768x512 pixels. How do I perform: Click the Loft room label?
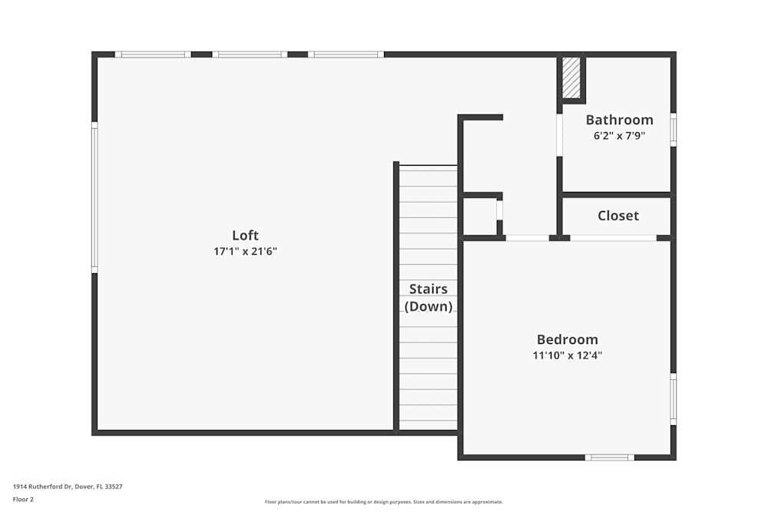tap(245, 236)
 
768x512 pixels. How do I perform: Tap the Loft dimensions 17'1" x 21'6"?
tap(245, 251)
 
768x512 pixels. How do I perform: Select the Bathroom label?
tap(619, 120)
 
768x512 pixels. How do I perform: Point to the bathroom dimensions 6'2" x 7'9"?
tap(619, 136)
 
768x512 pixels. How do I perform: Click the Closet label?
tap(618, 216)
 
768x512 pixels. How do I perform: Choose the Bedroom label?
tap(567, 339)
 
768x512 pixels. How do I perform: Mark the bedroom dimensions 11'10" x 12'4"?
tap(567, 355)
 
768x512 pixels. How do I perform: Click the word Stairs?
tap(428, 289)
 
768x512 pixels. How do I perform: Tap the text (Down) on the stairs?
tap(428, 306)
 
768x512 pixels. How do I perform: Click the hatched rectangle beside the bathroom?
tap(571, 78)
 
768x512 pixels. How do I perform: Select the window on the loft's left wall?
tap(94, 198)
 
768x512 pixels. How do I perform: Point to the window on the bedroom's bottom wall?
tap(609, 457)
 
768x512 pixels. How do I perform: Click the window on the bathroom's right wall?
tap(673, 130)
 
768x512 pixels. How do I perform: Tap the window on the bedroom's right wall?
tap(673, 399)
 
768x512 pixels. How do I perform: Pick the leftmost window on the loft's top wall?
tap(152, 55)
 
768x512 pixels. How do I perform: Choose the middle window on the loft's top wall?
tap(250, 55)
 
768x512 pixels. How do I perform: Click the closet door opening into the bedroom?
tap(613, 238)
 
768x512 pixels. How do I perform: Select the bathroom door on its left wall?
tap(560, 135)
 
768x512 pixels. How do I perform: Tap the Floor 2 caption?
tap(23, 499)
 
